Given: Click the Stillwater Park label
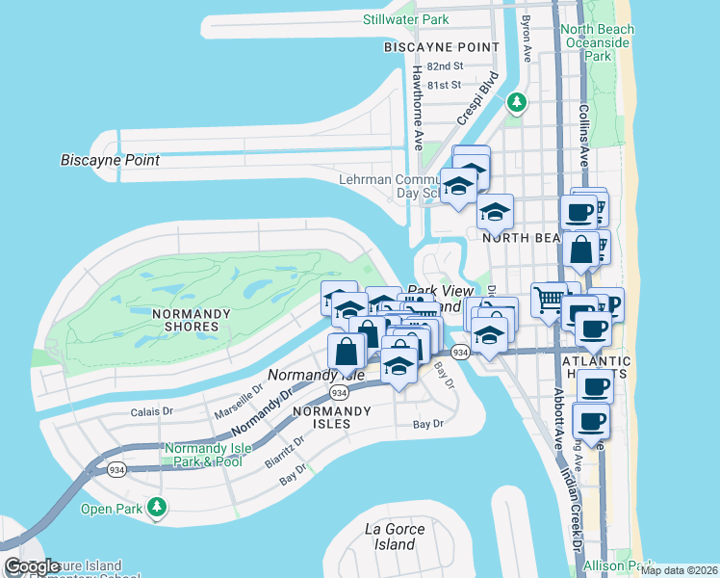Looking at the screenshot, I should pyautogui.click(x=406, y=19).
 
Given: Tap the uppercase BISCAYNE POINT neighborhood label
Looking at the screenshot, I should pyautogui.click(x=441, y=47).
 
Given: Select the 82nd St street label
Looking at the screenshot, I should pyautogui.click(x=446, y=66).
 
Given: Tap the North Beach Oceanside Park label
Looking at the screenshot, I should pyautogui.click(x=598, y=42).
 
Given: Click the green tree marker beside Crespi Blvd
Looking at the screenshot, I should pyautogui.click(x=518, y=101).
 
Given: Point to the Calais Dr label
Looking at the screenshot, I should pyautogui.click(x=151, y=412).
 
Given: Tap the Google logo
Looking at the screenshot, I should pyautogui.click(x=33, y=566).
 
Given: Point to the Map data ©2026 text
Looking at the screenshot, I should pyautogui.click(x=680, y=570).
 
